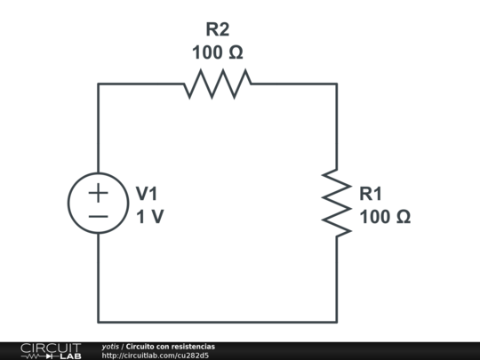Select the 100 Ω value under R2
coord(217,52)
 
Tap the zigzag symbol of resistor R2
coord(218,84)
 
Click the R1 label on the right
coord(372,193)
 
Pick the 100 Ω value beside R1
coord(385,216)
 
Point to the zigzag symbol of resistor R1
coord(337,203)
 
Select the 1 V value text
coord(149,216)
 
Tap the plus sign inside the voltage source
coord(99,192)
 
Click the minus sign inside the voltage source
coord(99,216)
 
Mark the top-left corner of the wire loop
coord(99,84)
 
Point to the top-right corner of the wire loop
coord(337,84)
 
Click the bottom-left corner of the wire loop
coord(99,321)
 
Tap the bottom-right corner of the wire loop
coord(337,321)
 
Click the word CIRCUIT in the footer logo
coord(50,347)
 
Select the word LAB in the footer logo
coord(70,356)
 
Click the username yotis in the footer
coord(110,346)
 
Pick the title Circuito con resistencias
coord(170,346)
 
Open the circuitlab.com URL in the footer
coord(155,356)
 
